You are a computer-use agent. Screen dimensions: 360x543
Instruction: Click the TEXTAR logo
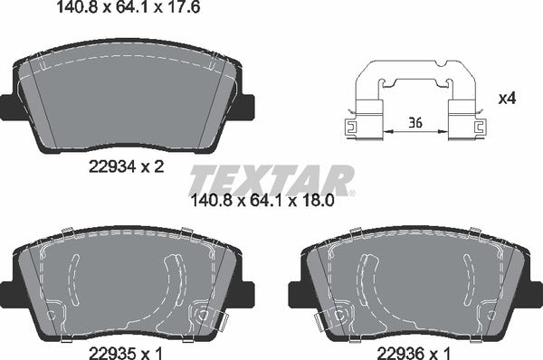pos(271,178)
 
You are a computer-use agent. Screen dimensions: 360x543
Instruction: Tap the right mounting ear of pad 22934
pos(248,107)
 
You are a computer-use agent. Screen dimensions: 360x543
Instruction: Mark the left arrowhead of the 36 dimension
pos(386,132)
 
